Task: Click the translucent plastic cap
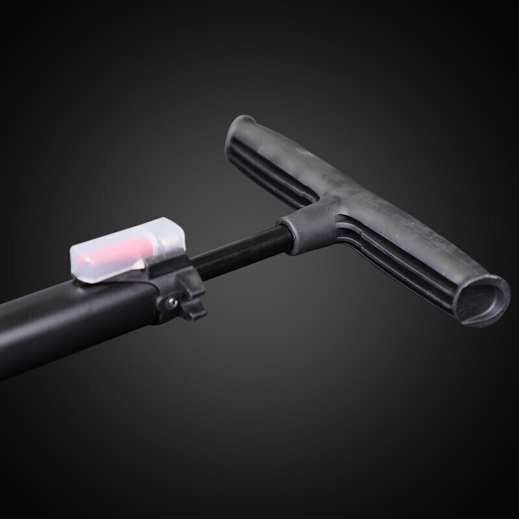[x=130, y=250]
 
